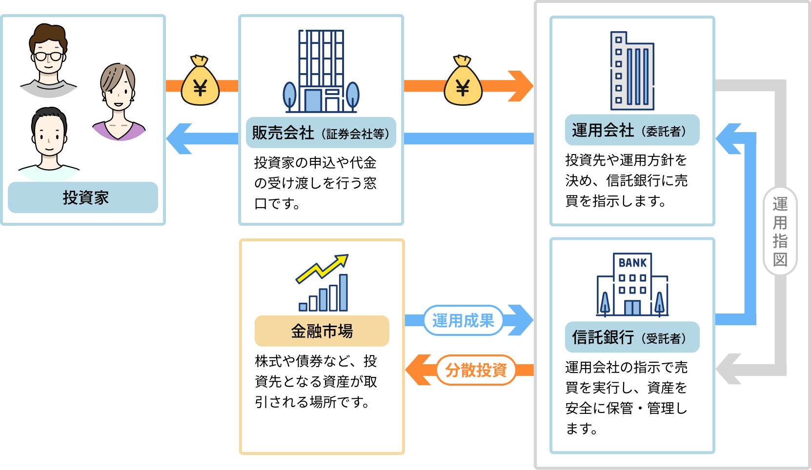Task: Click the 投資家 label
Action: (83, 197)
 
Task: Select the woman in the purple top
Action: (118, 102)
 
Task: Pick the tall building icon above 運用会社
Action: (632, 71)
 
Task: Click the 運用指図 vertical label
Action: (780, 231)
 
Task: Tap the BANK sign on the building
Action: (632, 263)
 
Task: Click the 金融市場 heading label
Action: (322, 331)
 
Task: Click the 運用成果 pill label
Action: (463, 320)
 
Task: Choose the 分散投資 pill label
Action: (476, 370)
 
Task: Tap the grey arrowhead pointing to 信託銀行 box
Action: (729, 369)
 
